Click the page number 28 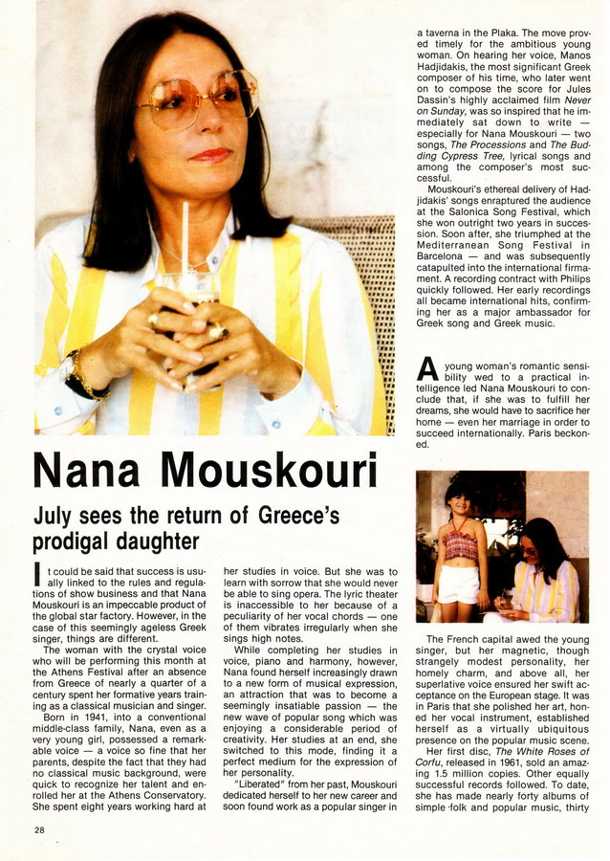point(38,829)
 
